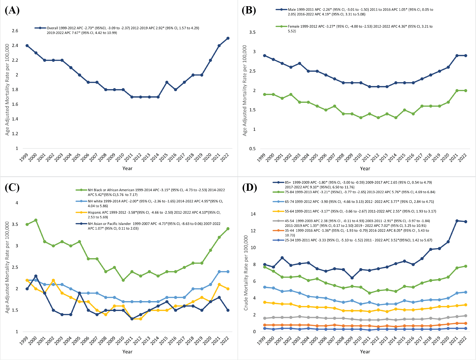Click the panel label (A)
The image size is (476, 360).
[x=12, y=10]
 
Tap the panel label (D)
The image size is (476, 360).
[x=249, y=187]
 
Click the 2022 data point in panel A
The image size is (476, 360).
[x=228, y=38]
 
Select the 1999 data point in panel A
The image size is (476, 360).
[x=27, y=46]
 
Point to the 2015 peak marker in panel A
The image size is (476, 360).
[x=167, y=82]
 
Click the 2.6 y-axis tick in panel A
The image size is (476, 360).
[x=15, y=31]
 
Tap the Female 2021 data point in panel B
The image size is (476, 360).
[x=457, y=91]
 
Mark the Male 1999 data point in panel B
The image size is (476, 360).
[x=264, y=56]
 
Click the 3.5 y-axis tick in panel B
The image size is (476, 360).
[x=252, y=32]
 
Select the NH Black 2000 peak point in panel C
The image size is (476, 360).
[x=36, y=220]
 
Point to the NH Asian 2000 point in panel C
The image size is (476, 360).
[x=36, y=276]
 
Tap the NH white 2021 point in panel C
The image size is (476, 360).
[x=219, y=272]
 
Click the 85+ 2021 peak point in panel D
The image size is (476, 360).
[x=457, y=221]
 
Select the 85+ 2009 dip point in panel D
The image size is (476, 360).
[x=352, y=278]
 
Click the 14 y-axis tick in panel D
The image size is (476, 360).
[x=253, y=214]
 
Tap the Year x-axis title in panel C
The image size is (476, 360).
[x=127, y=352]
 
